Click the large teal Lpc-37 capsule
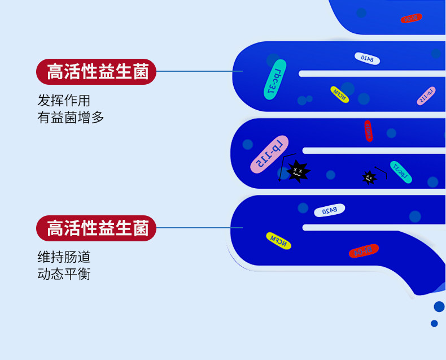point(276,80)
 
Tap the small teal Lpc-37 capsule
point(400,172)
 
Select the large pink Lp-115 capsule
point(269,154)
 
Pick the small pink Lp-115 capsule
point(426,96)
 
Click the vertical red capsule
point(368,131)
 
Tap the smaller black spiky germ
point(369,177)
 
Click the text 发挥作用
point(64,101)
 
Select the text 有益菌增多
point(71,118)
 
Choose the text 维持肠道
point(64,257)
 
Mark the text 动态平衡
point(64,274)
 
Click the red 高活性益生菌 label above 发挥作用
point(96,71)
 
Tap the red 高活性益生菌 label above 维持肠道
point(96,228)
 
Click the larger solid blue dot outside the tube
point(439,306)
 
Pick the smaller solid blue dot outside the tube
point(434,323)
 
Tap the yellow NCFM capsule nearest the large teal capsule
point(339,94)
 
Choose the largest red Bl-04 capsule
point(364,250)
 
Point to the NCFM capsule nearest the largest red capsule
point(279,240)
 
